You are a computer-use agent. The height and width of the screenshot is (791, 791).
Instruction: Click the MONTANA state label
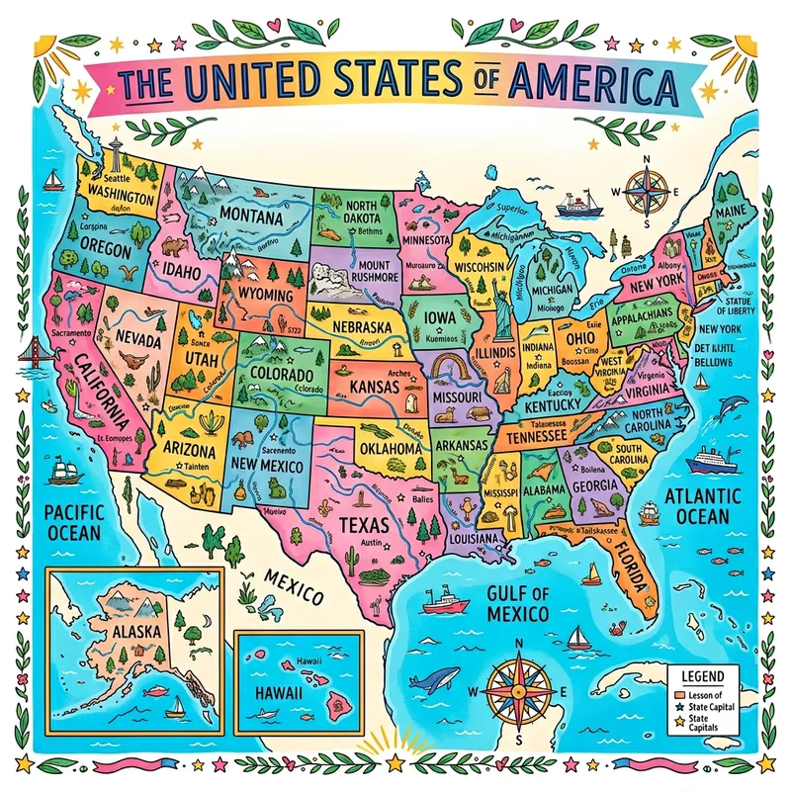[x=251, y=216]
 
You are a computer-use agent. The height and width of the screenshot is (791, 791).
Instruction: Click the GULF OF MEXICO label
[x=517, y=604]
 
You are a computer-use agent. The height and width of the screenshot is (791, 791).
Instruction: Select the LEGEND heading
[x=703, y=676]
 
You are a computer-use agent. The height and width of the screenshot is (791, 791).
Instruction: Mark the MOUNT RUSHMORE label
[x=362, y=272]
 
